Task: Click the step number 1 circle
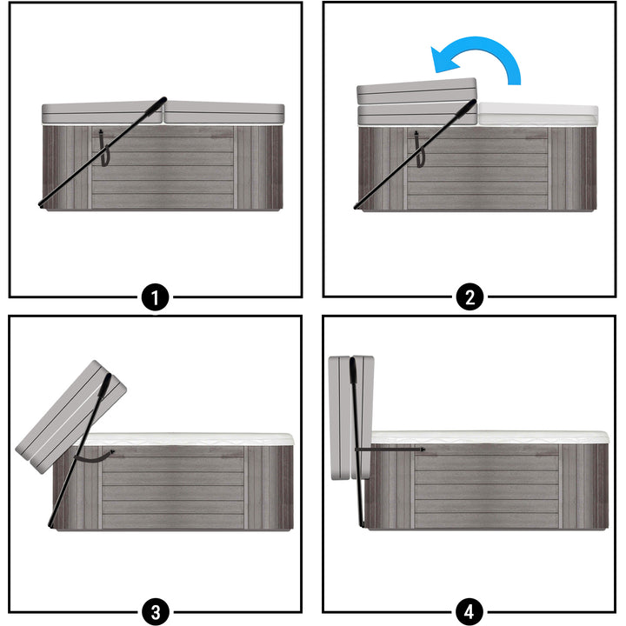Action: (155, 298)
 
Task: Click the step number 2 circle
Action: (469, 298)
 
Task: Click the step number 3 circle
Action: (155, 611)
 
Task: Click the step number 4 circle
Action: (469, 611)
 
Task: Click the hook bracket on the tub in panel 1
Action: (102, 149)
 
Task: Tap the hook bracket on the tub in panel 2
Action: (417, 150)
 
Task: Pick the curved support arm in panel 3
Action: (94, 455)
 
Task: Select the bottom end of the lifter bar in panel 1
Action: (42, 204)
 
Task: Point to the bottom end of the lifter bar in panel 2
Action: (357, 206)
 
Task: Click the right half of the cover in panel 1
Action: (224, 113)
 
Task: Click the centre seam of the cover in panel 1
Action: (163, 114)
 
